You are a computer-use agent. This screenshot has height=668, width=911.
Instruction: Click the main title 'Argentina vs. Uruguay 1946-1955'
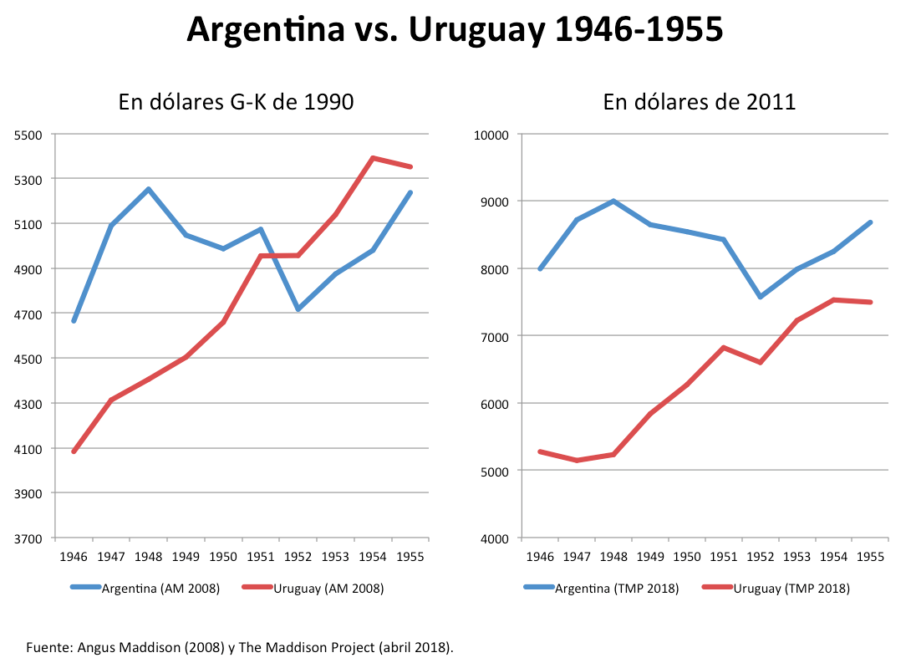[x=455, y=30]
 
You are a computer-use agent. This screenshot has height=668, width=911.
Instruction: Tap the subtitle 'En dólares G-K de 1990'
[x=236, y=103]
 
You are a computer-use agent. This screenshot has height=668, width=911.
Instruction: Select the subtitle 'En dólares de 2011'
[x=700, y=103]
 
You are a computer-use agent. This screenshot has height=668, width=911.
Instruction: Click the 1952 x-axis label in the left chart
[x=298, y=557]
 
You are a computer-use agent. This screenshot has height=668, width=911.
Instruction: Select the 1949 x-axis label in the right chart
[x=650, y=557]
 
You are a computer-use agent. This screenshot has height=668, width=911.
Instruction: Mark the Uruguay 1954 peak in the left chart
[x=372, y=158]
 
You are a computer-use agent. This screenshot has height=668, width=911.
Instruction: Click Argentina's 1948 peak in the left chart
[x=149, y=189]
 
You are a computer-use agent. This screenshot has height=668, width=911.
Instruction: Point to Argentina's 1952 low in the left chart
[x=298, y=309]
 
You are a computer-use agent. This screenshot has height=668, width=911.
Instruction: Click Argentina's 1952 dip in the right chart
[x=761, y=297]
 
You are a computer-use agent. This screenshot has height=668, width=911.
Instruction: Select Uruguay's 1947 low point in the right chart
[x=577, y=461]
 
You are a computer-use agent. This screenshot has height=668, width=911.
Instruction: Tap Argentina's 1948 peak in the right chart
[x=613, y=201]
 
